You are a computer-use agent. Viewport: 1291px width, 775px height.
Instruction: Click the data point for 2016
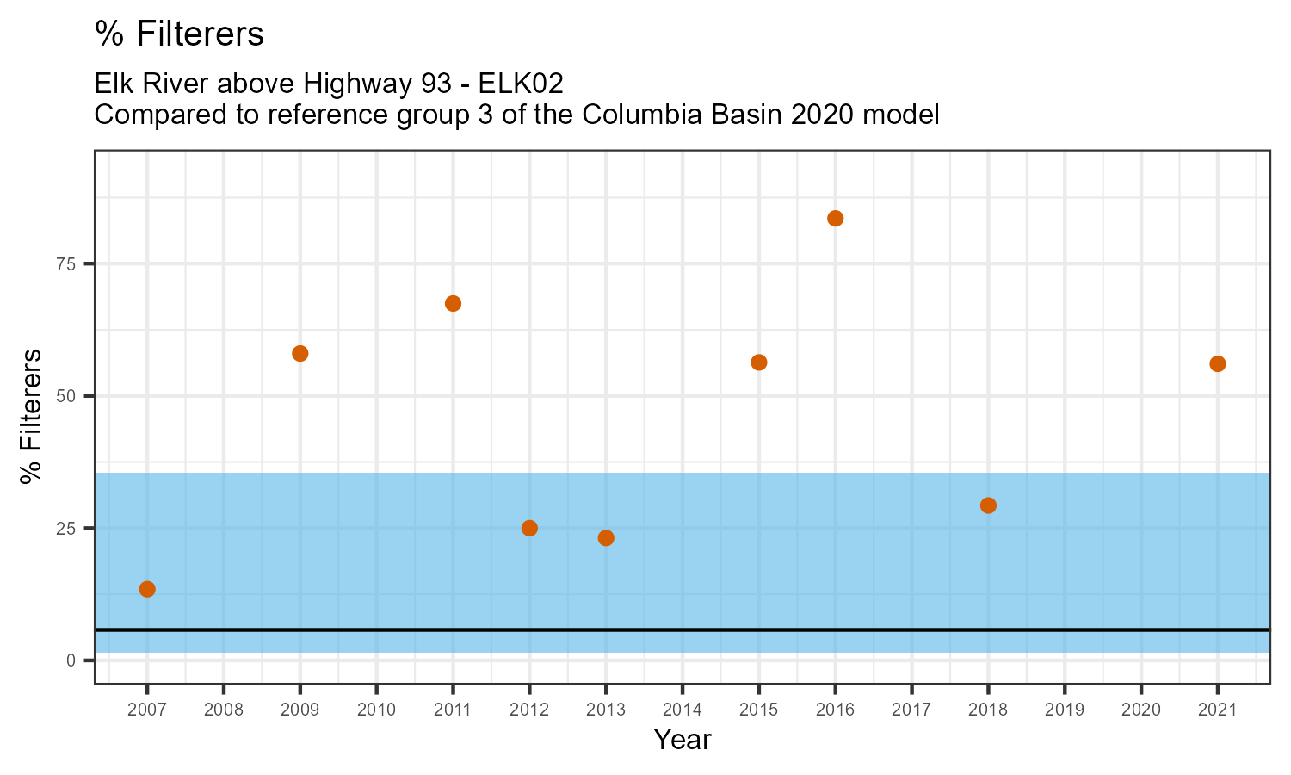(x=835, y=218)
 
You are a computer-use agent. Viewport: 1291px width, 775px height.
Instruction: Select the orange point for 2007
(x=147, y=589)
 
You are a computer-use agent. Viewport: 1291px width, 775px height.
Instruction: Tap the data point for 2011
(x=453, y=303)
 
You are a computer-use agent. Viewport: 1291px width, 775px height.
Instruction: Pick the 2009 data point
(x=300, y=353)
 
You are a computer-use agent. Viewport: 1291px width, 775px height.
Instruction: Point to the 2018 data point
(x=988, y=505)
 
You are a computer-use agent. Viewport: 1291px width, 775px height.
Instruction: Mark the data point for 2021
(x=1217, y=363)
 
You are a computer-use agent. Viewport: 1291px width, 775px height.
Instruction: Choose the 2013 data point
(x=606, y=538)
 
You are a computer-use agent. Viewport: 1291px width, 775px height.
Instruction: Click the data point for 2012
(x=529, y=528)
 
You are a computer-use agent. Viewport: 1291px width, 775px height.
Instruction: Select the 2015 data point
(x=758, y=363)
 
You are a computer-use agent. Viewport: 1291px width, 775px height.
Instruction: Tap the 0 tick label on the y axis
(x=72, y=660)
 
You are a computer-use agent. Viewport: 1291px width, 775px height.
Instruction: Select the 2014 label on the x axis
(x=682, y=710)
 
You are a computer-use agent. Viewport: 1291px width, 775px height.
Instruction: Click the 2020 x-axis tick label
(x=1140, y=710)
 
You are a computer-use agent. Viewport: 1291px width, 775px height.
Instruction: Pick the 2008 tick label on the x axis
(x=223, y=710)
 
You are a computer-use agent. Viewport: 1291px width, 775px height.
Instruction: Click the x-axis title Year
(x=682, y=740)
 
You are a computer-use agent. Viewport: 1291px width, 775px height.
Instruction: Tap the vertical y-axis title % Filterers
(x=32, y=417)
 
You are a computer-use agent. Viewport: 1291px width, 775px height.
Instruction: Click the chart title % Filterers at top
(x=179, y=34)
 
